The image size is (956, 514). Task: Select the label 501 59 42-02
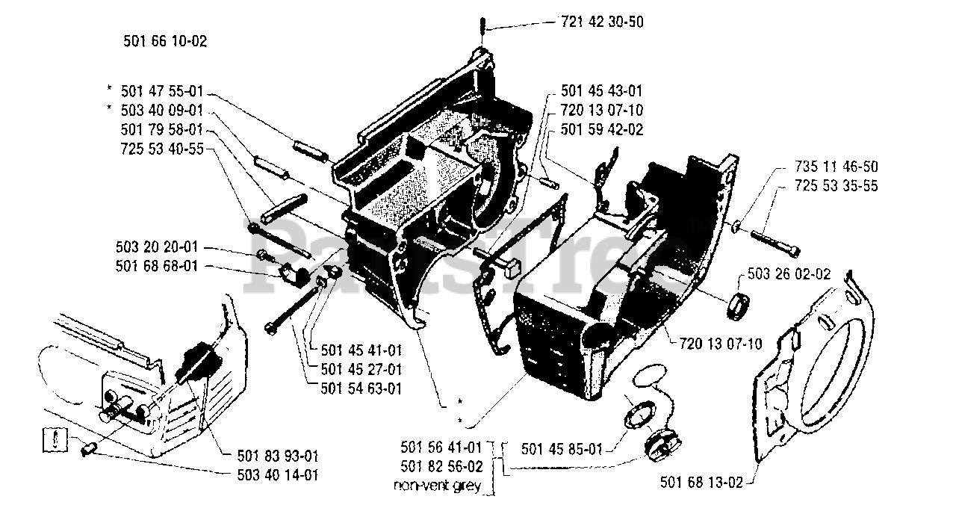601,129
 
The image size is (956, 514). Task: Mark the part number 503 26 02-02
788,274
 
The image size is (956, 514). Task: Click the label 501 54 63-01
361,388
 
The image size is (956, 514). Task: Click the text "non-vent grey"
441,486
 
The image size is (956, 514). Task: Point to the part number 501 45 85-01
562,449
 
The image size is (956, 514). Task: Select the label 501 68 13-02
701,482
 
